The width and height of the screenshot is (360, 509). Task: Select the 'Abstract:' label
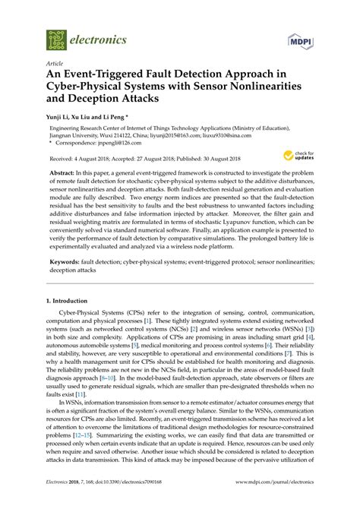coord(66,173)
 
